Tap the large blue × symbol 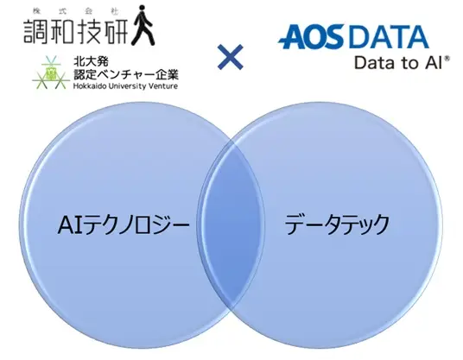coord(231,57)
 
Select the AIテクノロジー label coord(124,224)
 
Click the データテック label coord(337,224)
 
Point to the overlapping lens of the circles coord(231,224)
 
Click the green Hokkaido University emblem coord(51,73)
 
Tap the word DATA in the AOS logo coord(390,37)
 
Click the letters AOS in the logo coord(314,37)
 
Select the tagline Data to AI coord(398,63)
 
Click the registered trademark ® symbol coord(447,59)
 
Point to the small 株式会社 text coord(76,12)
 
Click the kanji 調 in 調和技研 coord(35,32)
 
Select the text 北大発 coord(87,61)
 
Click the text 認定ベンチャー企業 coord(126,74)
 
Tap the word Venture coord(163,86)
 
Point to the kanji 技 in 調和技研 coord(88,32)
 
